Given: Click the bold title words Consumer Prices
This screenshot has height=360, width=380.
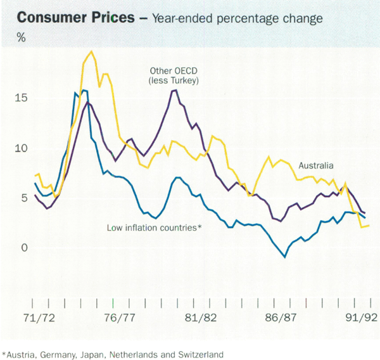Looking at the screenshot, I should tap(75, 18).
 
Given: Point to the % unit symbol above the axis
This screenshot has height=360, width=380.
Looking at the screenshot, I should tap(22, 37).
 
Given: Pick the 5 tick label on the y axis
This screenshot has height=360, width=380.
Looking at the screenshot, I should tap(24, 197).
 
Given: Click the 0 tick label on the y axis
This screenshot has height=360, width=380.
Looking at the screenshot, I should tap(24, 247).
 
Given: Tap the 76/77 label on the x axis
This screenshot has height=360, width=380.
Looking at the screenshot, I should tap(120, 317).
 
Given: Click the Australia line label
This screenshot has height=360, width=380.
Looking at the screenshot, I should tap(316, 166).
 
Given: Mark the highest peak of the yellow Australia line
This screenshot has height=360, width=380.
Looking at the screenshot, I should tap(92, 51).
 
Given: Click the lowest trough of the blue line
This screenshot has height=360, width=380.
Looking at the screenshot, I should tap(285, 257).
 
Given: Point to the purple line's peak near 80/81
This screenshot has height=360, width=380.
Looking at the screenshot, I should tap(174, 90).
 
